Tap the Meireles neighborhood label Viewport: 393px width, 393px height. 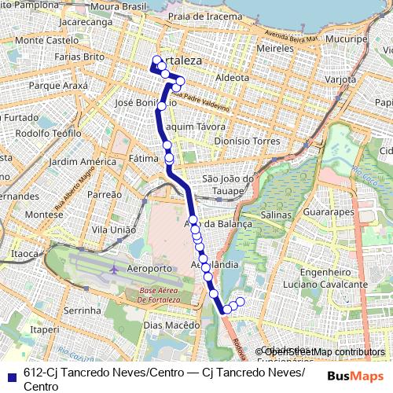click(275, 49)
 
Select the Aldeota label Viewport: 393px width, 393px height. click(231, 78)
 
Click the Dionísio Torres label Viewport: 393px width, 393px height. click(247, 141)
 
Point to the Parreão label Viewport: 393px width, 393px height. click(104, 193)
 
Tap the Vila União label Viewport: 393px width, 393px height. click(109, 229)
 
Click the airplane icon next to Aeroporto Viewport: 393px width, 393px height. click(115, 269)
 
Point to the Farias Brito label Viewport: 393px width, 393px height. click(79, 57)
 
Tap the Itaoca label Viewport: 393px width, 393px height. click(24, 254)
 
